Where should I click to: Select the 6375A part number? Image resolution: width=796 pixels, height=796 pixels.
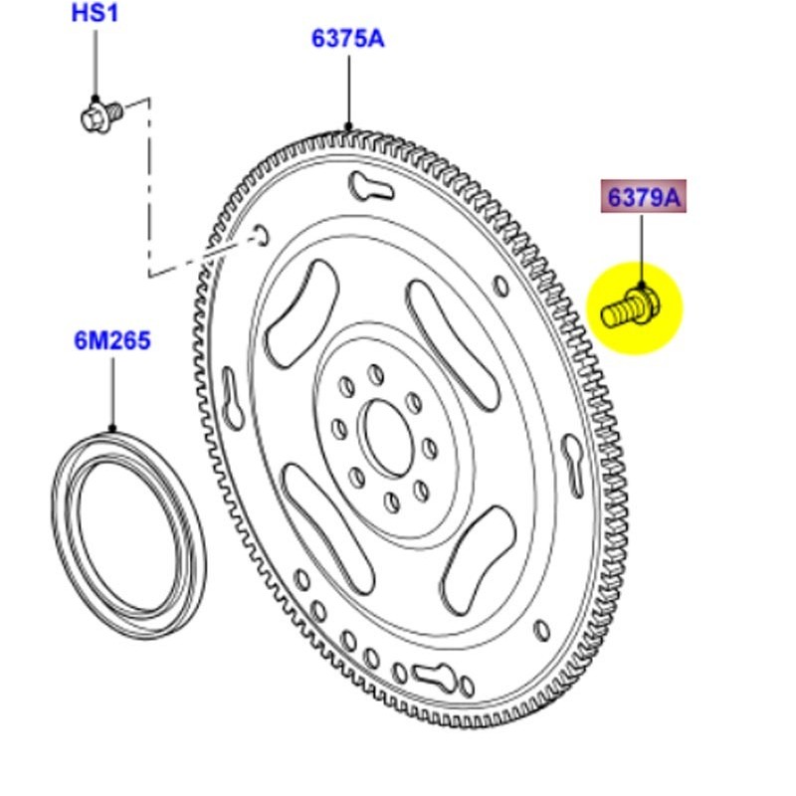pos(347,39)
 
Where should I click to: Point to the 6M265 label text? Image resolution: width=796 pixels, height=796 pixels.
pos(111,341)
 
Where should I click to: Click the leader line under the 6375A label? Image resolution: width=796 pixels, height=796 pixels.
pos(348,92)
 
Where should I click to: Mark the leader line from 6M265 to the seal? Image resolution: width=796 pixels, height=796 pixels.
pos(111,393)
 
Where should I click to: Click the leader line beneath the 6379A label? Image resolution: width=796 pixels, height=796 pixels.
pos(642,249)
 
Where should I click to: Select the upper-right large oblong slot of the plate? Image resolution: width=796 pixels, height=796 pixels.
pos(453,343)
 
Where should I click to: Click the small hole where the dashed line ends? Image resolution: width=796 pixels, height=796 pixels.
pos(259,235)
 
